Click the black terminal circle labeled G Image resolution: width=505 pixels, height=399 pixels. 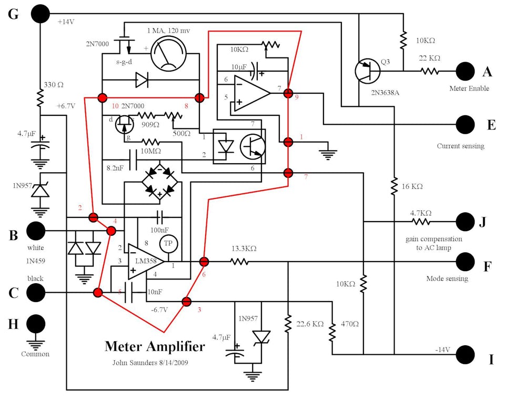tap(40, 14)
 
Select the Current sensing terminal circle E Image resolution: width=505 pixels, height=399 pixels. tap(466, 125)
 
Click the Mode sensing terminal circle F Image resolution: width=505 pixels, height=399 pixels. tap(466, 261)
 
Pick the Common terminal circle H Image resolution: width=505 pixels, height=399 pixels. tap(36, 324)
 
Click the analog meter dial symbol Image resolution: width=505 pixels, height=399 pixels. tap(168, 54)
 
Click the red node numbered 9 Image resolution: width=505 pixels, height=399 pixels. tap(288, 93)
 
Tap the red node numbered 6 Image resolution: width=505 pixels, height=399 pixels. tap(204, 261)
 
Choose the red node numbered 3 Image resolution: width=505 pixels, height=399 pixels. tap(186, 302)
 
